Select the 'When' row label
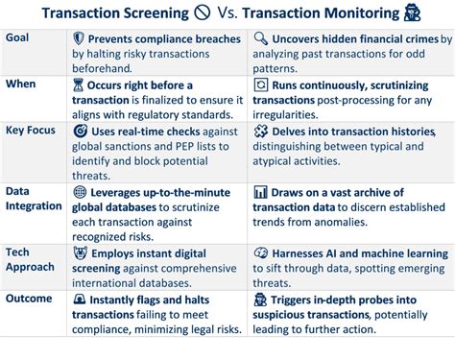point(20,84)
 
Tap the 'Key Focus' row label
point(30,130)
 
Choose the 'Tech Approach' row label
point(30,259)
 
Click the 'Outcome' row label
point(28,299)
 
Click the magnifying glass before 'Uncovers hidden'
point(260,37)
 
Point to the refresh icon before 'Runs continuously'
point(260,84)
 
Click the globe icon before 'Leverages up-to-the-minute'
point(80,192)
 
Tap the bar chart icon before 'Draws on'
point(260,192)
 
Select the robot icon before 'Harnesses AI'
point(260,252)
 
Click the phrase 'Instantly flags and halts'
point(155,300)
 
